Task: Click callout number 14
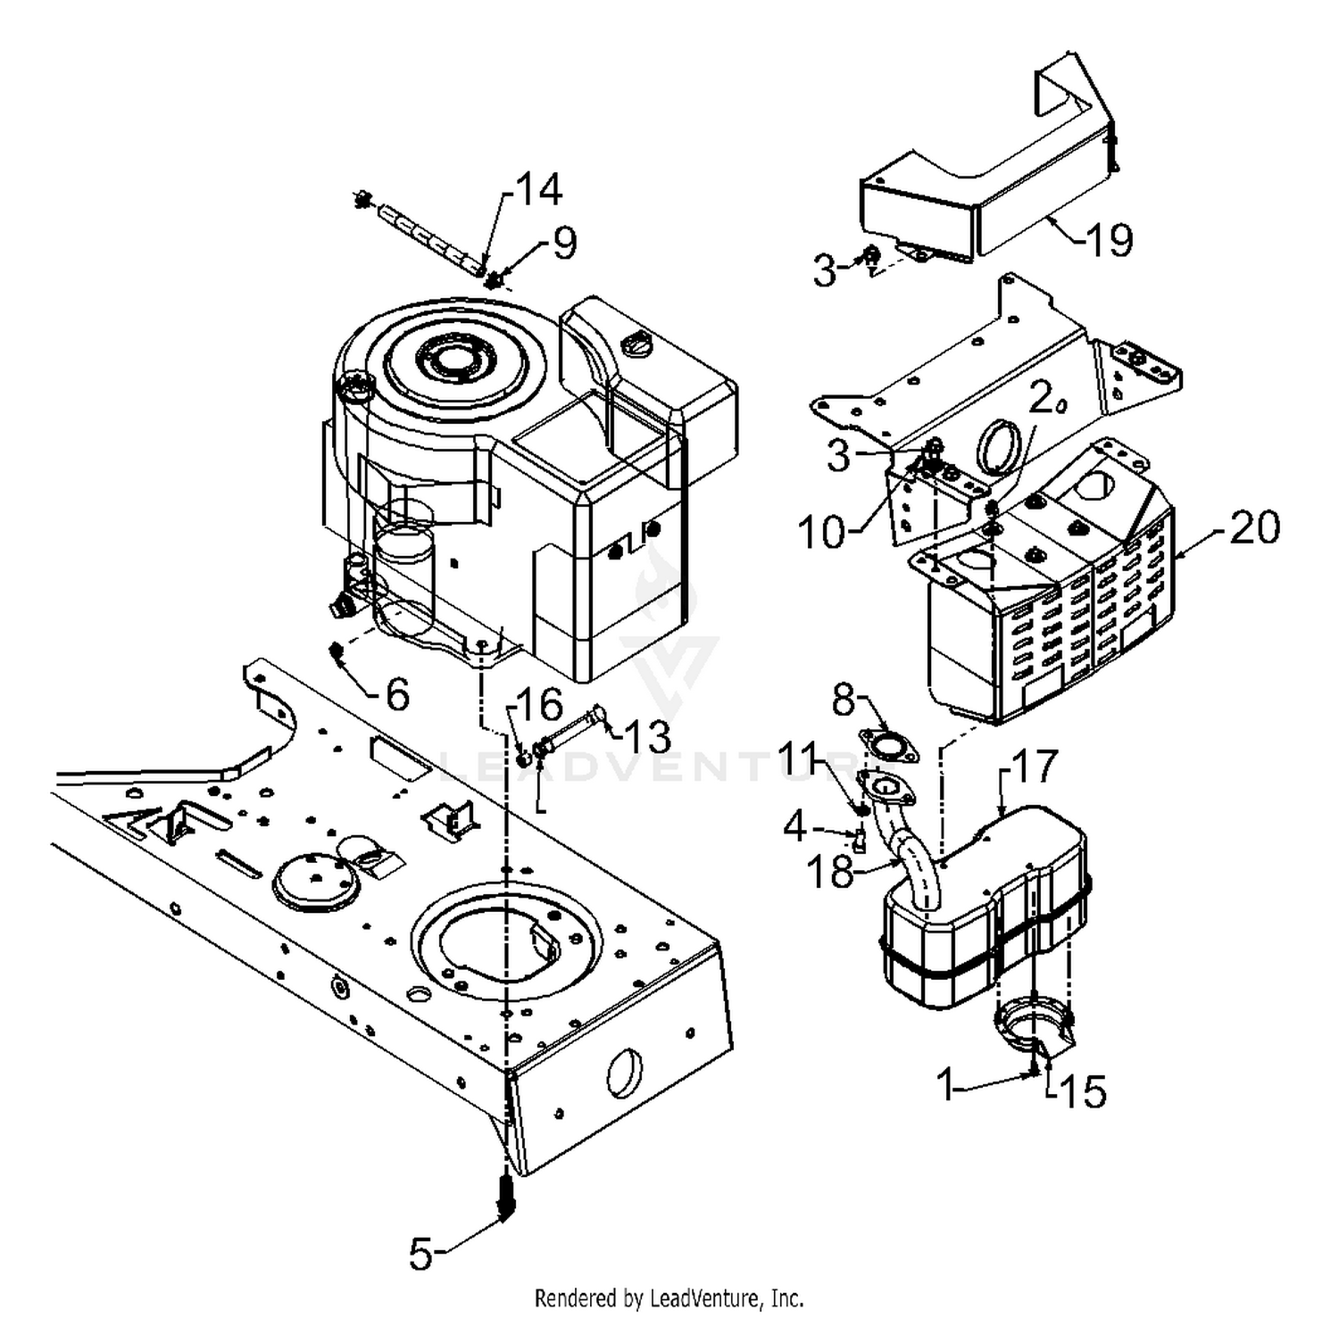(541, 190)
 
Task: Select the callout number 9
(564, 243)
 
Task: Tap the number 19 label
(1110, 239)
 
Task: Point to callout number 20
(1254, 526)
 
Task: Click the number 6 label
(396, 693)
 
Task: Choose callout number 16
(540, 705)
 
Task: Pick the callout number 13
(646, 736)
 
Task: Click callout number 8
(844, 700)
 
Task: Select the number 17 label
(1035, 766)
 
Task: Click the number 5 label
(421, 1254)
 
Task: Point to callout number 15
(1084, 1090)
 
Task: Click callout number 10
(821, 533)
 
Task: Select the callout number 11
(799, 763)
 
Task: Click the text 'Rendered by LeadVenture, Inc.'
(669, 1297)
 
